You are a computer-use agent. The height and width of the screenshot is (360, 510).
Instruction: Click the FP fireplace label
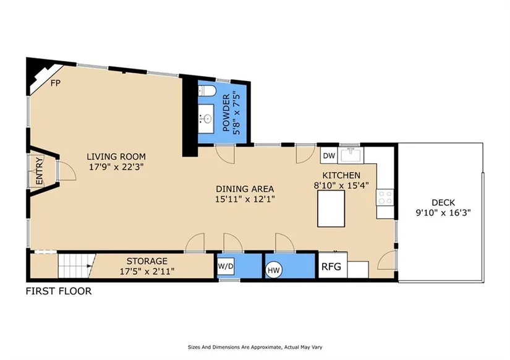click(56, 83)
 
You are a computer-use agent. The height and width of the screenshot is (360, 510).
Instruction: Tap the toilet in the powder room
click(207, 90)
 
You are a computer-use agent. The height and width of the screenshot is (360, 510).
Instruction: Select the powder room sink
click(206, 119)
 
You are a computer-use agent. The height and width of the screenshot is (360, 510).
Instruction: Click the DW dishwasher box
click(329, 156)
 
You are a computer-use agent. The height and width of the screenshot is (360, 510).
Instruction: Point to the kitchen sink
click(351, 155)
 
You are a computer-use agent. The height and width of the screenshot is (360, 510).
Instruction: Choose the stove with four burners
click(385, 197)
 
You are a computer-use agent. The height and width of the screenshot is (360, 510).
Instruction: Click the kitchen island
click(331, 208)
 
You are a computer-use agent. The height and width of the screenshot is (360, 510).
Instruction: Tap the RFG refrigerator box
click(333, 265)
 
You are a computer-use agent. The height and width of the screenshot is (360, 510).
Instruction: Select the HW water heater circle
click(273, 270)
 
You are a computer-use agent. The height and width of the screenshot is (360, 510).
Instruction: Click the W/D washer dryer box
click(226, 266)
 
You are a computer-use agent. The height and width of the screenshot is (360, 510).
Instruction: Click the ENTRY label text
click(39, 171)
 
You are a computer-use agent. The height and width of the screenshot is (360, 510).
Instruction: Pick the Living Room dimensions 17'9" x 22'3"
click(116, 167)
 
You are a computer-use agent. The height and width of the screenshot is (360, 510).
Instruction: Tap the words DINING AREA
click(245, 189)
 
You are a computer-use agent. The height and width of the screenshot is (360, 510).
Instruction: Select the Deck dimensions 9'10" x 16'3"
click(443, 213)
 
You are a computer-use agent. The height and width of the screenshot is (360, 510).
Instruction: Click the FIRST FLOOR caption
click(59, 291)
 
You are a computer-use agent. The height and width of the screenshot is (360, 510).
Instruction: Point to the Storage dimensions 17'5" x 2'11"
click(147, 271)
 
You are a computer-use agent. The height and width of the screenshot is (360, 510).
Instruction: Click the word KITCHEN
click(341, 176)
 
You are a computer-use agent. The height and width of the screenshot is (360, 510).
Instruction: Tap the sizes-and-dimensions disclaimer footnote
click(255, 347)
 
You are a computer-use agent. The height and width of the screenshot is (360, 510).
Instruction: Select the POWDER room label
click(226, 113)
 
